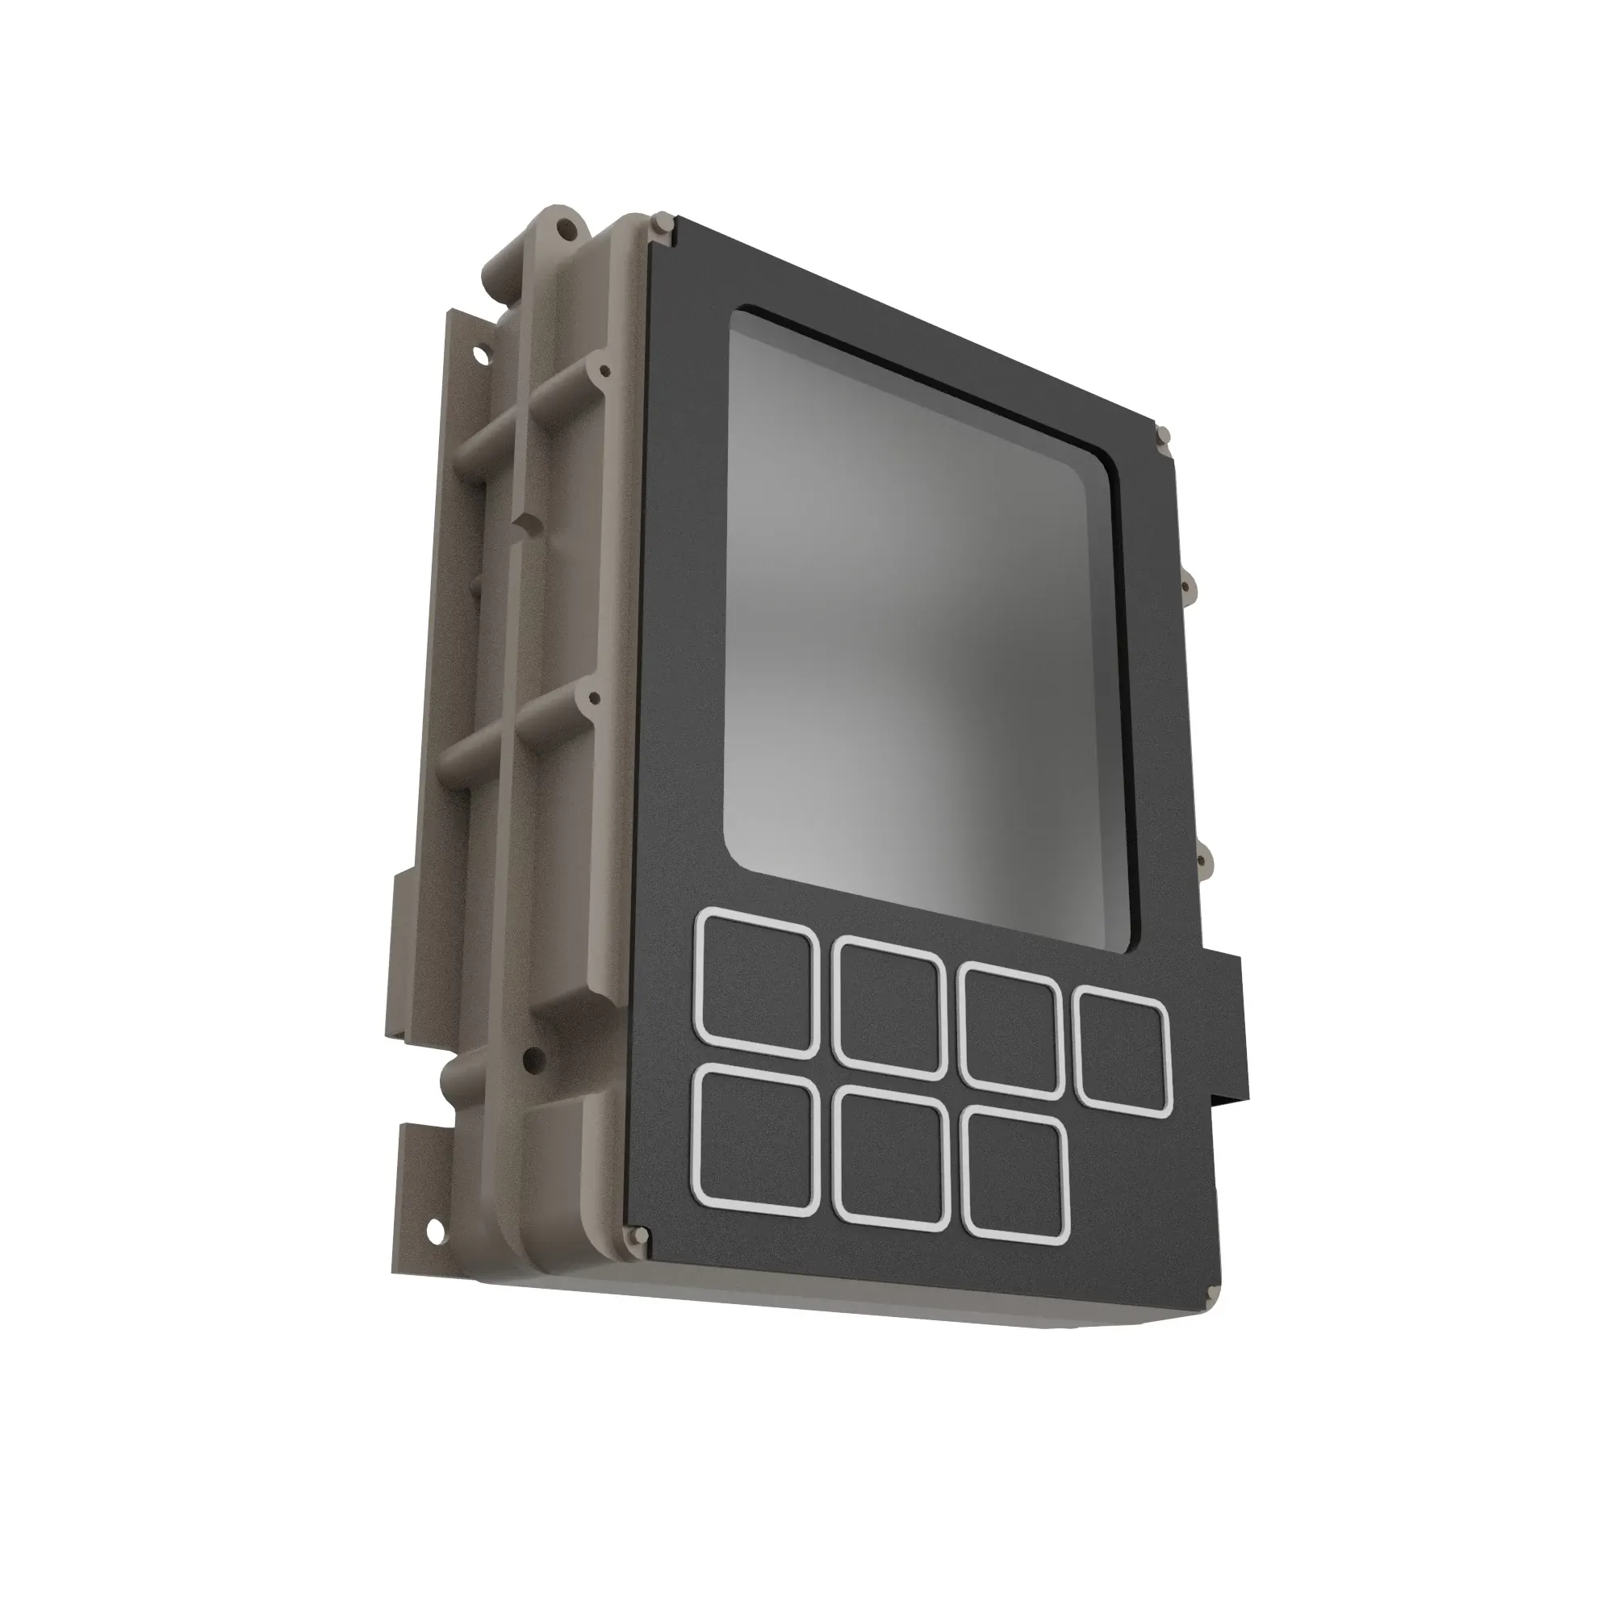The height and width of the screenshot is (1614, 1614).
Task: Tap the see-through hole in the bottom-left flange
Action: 434,1229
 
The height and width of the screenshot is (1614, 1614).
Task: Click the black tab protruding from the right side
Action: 1242,1034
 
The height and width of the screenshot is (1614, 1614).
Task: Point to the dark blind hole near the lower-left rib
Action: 529,1062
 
